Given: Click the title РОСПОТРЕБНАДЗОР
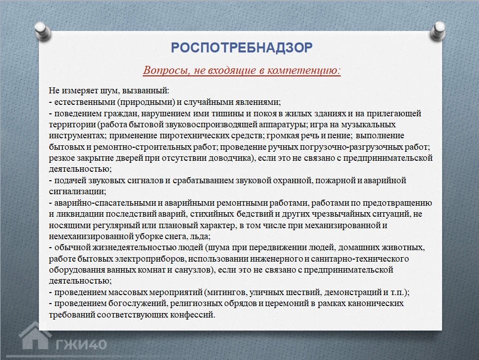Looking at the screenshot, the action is point(241,47).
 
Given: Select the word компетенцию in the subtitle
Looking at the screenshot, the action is point(304,70).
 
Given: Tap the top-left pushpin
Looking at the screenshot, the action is point(43,31).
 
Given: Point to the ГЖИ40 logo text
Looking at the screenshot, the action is point(81,345).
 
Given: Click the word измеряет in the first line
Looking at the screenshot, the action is point(78,91).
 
